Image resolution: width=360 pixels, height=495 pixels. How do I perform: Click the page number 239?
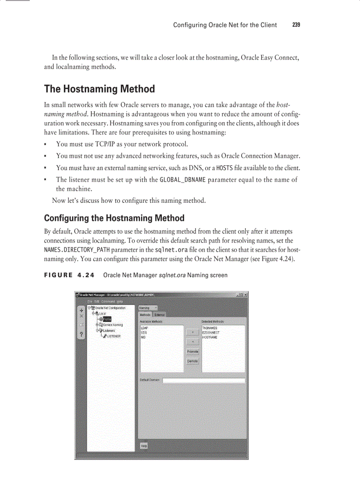[x=296, y=25]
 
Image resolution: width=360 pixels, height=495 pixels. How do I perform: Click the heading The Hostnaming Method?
[x=99, y=89]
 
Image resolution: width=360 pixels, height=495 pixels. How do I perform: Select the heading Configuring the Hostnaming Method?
[x=114, y=218]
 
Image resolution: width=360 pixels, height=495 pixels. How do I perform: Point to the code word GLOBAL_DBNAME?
[x=183, y=179]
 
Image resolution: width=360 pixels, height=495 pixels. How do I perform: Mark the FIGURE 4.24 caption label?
[x=69, y=275]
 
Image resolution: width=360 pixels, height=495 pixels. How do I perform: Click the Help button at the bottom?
[x=143, y=446]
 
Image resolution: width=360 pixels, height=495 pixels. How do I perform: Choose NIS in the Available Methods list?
[x=143, y=337]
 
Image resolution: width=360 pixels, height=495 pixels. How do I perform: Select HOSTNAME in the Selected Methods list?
[x=210, y=337]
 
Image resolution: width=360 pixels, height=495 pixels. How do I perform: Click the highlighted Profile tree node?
[x=107, y=319]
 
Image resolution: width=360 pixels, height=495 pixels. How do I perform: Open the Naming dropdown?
[x=148, y=308]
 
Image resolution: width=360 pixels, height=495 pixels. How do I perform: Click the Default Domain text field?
[x=203, y=380]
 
